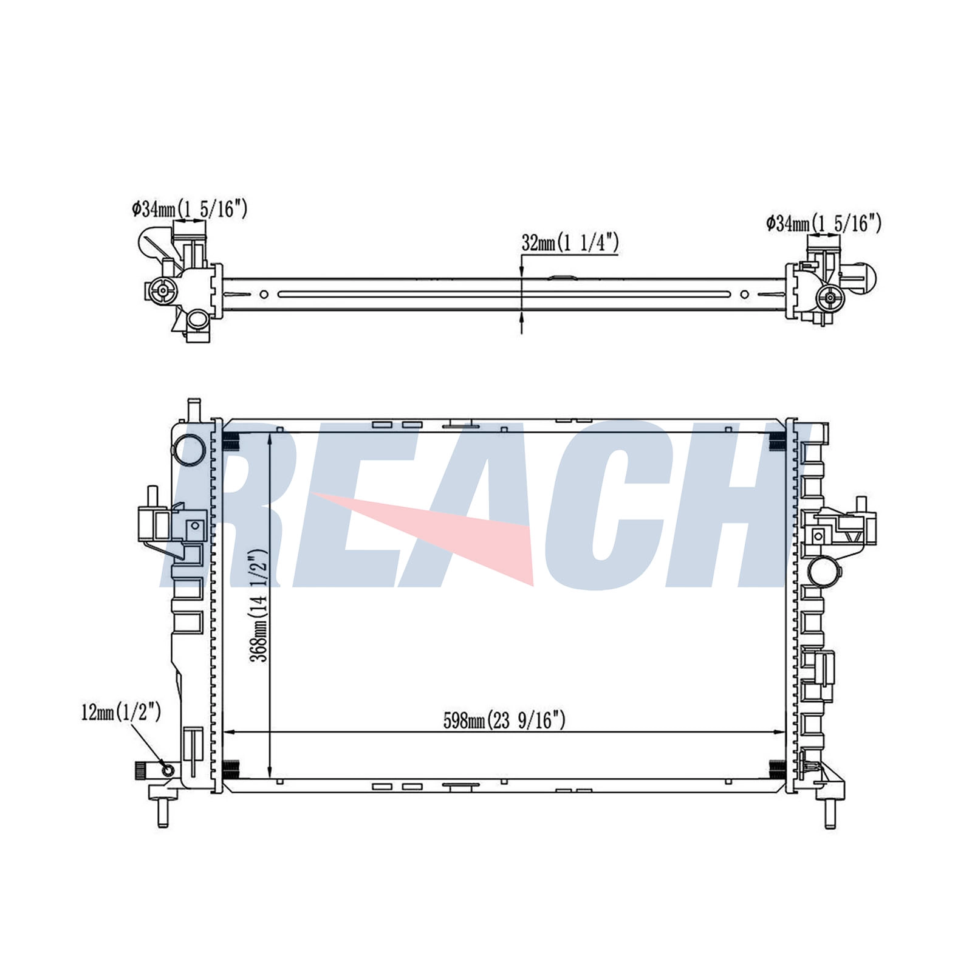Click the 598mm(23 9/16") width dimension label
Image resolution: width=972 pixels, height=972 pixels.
[x=504, y=720]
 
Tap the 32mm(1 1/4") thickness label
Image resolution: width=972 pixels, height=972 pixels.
[x=570, y=243]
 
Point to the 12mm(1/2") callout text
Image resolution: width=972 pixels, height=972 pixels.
[x=121, y=712]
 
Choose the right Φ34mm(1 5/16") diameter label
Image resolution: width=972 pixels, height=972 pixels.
[x=823, y=224]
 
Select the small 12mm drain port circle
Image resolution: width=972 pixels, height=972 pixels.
[x=167, y=771]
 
